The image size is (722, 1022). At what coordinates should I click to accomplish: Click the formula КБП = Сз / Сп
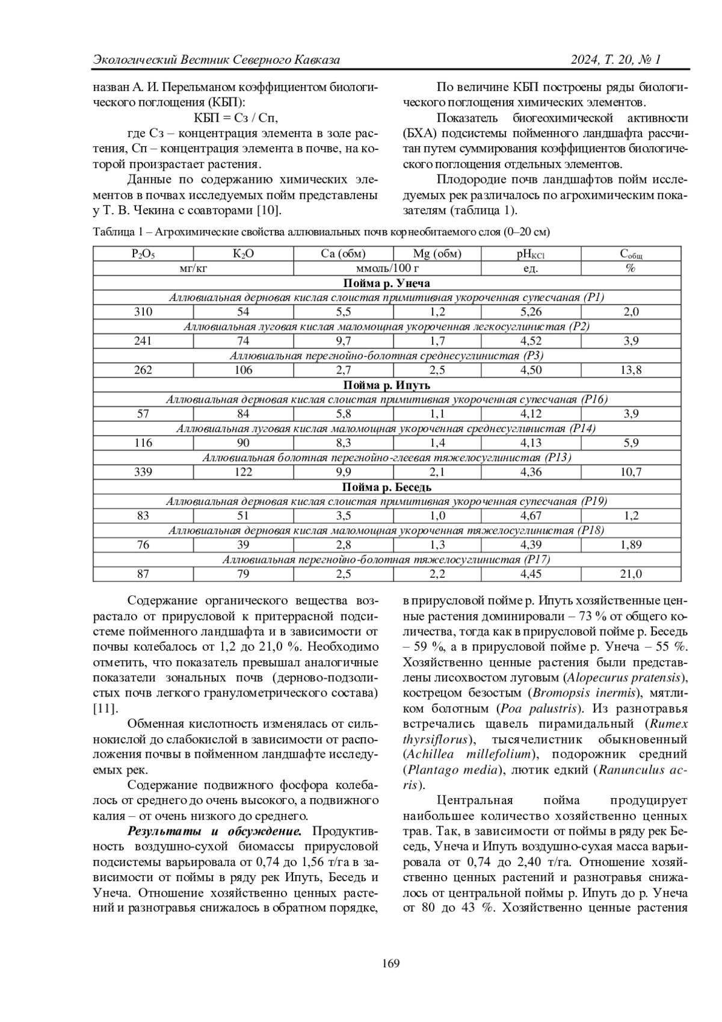235,117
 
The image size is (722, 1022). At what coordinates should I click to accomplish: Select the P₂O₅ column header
143,254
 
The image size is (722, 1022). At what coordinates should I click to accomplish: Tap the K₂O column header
243,254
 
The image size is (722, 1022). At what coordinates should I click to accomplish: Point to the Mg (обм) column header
437,254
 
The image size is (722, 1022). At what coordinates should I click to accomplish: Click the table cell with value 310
143,312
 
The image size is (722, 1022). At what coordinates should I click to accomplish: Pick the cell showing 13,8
631,370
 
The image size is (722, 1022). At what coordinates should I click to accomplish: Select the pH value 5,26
531,312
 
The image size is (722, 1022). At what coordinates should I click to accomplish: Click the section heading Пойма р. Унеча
387,283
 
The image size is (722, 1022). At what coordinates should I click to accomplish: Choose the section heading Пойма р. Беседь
387,487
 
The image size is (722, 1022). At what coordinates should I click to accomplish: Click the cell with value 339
143,472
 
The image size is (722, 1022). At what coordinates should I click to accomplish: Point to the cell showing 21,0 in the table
631,574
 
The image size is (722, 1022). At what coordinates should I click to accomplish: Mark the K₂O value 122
243,472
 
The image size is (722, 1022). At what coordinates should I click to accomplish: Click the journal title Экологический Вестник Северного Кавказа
217,60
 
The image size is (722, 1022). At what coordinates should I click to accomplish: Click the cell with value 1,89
631,545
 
